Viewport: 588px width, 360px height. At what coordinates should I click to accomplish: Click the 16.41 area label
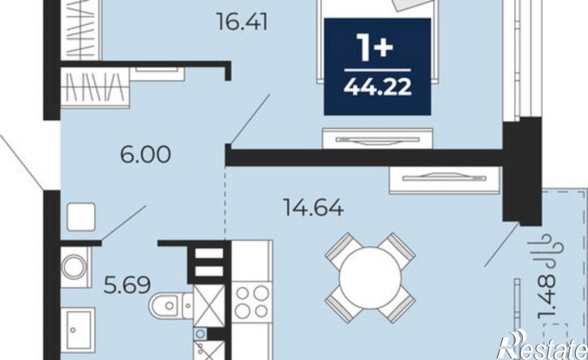pos(242,22)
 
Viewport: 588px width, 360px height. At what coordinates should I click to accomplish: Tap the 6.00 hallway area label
pos(145,154)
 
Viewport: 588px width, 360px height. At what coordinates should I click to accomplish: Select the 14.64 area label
pos(314,208)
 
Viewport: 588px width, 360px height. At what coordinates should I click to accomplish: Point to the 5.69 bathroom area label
pos(127,285)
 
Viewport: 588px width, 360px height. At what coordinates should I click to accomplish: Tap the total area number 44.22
pos(378,88)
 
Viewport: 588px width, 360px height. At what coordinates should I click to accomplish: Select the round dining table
pos(370,277)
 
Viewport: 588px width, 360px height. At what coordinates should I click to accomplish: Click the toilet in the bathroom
pos(171,305)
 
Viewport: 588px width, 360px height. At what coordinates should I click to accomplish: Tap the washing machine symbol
pos(75,267)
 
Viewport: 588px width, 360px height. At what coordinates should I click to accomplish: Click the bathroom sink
pos(78,330)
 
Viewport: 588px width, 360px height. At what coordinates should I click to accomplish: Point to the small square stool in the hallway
pos(80,216)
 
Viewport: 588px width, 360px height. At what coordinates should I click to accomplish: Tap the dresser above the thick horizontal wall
pos(377,139)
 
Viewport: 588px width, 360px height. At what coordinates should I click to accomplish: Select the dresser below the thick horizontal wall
pos(444,180)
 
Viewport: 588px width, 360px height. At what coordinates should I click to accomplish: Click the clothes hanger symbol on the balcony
pos(545,251)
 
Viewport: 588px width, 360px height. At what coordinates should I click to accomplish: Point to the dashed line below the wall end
pos(225,203)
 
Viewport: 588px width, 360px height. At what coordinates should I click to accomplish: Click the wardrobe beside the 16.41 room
pos(81,30)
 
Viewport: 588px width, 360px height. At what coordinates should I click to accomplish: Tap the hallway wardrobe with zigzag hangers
pos(95,88)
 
